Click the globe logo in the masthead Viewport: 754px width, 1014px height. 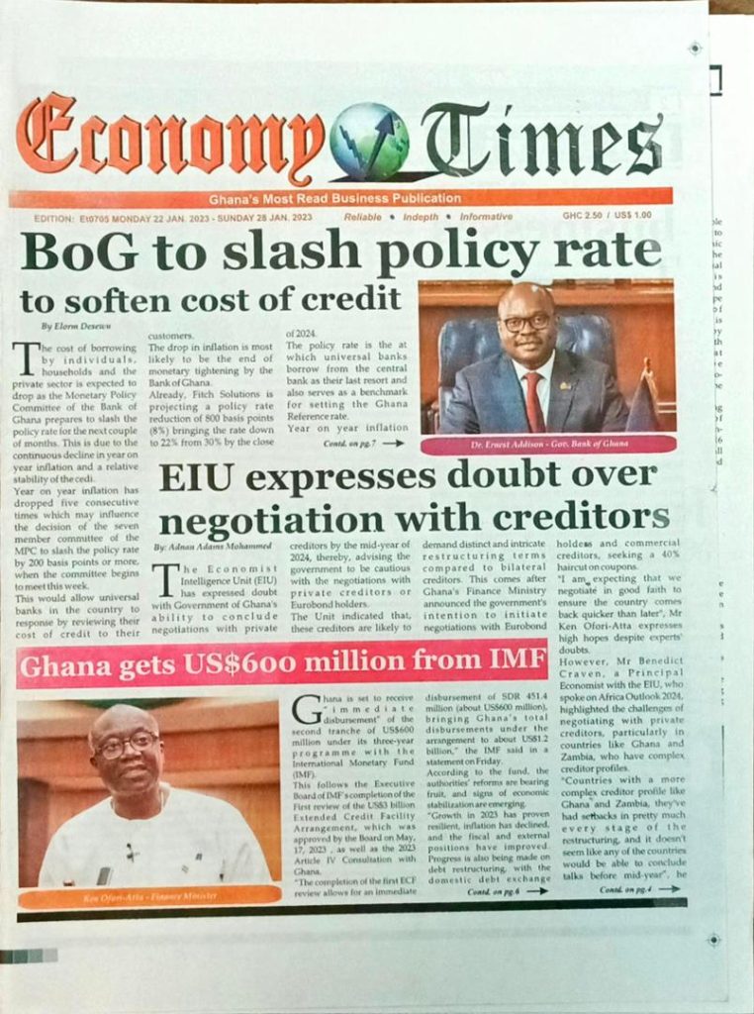click(368, 141)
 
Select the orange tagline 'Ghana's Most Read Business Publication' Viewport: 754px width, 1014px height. click(334, 198)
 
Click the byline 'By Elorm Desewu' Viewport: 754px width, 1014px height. click(76, 325)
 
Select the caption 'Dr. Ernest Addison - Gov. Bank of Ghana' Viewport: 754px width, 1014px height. click(548, 445)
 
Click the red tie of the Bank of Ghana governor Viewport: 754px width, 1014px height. click(534, 400)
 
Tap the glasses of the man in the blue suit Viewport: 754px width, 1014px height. click(526, 323)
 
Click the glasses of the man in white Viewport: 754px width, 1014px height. click(126, 744)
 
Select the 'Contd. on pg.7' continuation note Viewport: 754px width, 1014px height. click(362, 443)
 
